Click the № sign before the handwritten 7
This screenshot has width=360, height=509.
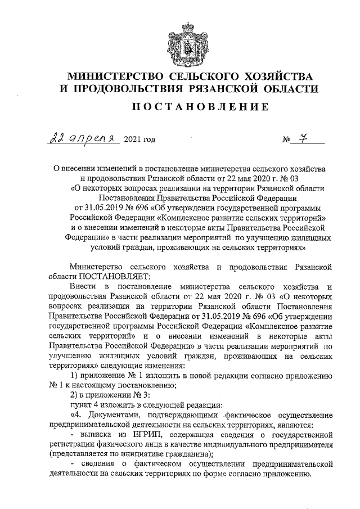tap(287, 140)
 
